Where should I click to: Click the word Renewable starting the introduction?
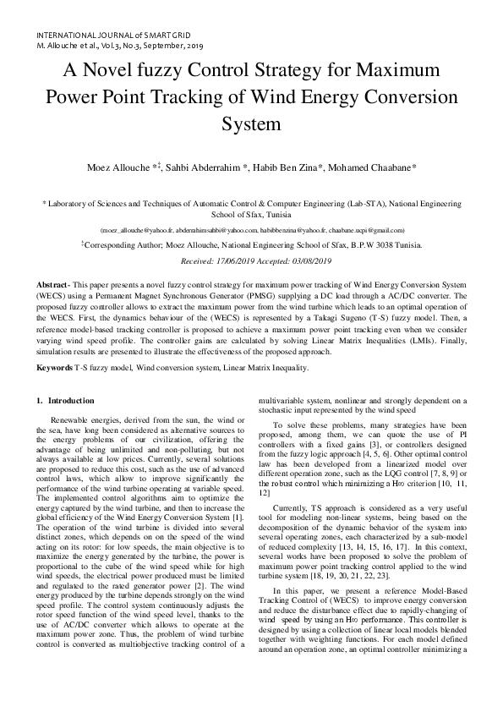coord(74,420)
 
